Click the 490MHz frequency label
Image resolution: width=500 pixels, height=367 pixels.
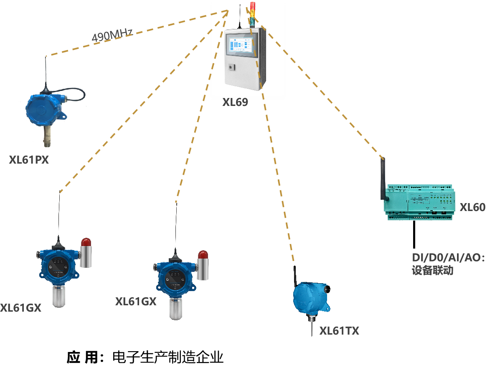tap(112, 36)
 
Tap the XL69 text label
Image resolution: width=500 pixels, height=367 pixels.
tap(235, 102)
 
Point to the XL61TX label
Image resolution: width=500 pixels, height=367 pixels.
tap(339, 331)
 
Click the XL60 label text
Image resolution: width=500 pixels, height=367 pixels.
tap(472, 207)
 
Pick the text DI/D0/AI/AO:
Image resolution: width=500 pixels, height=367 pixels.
tap(449, 257)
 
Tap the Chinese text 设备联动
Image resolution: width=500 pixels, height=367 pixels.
tap(432, 270)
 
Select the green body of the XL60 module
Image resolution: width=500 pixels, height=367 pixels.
tap(422, 202)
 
